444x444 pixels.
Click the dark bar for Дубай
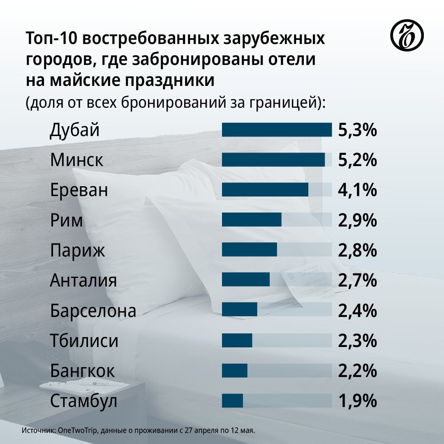pyautogui.click(x=277, y=129)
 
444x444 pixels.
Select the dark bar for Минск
pyautogui.click(x=273, y=160)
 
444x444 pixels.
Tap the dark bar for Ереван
pyautogui.click(x=265, y=190)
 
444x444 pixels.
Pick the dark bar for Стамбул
pyautogui.click(x=232, y=401)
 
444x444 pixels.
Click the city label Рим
pyautogui.click(x=67, y=221)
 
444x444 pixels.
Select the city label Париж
pyautogui.click(x=78, y=251)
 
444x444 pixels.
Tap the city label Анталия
pyautogui.click(x=83, y=281)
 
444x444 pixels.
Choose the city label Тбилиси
pyautogui.click(x=84, y=341)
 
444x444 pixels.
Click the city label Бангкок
pyautogui.click(x=83, y=371)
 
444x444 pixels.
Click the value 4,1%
pyautogui.click(x=357, y=190)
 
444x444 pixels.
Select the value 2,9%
pyautogui.click(x=357, y=221)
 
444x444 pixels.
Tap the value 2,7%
pyautogui.click(x=357, y=281)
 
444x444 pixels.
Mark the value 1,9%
pyautogui.click(x=357, y=401)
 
